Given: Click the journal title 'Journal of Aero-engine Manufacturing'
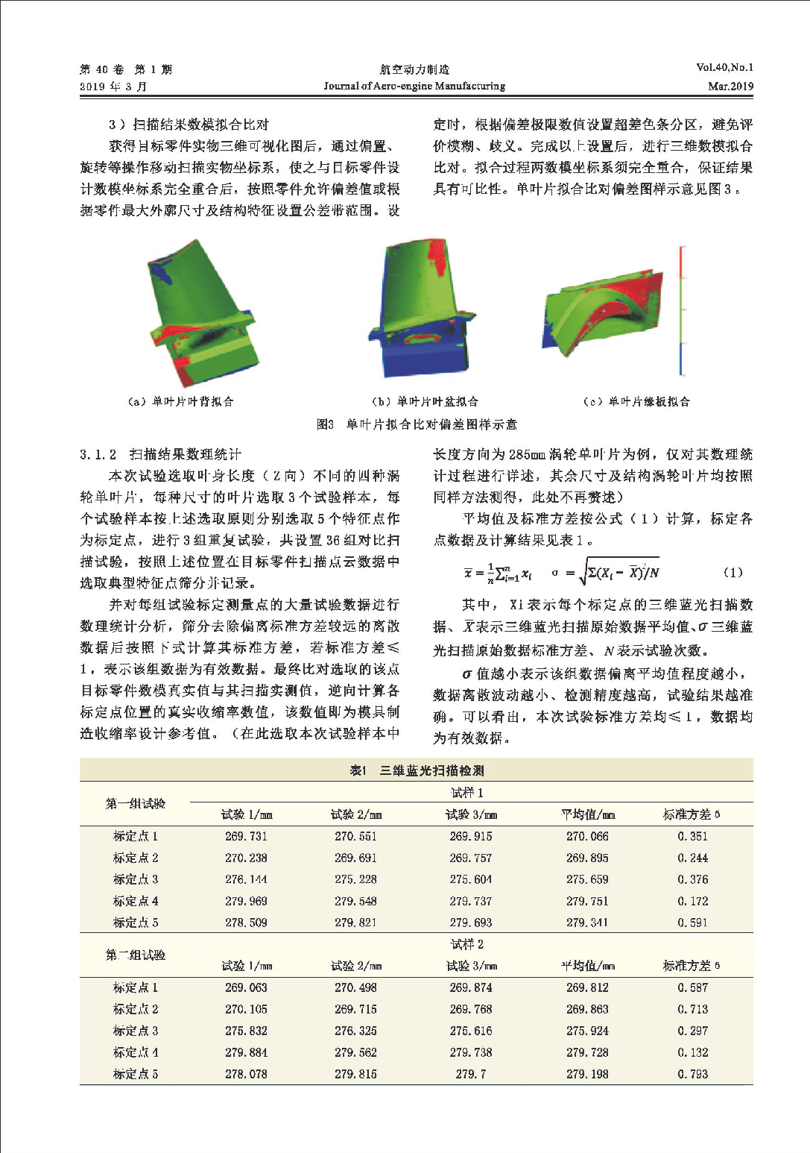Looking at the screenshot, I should [x=414, y=86].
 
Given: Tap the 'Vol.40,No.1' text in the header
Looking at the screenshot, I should [x=724, y=67].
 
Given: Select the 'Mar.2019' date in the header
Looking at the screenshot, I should [x=730, y=86].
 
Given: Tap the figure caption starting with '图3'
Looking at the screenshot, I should [x=417, y=424].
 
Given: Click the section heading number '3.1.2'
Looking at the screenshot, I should [x=98, y=454].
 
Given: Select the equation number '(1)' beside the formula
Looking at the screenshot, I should [x=733, y=572].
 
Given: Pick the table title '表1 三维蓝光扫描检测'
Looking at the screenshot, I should [x=417, y=770].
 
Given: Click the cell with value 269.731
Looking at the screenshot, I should [x=246, y=836].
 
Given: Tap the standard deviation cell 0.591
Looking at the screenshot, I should [x=692, y=923].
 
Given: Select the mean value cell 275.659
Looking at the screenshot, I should [x=587, y=879].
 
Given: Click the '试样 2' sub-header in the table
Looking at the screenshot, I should [x=467, y=944].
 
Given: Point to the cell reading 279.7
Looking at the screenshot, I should [x=471, y=1074].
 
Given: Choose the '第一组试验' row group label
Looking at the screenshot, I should [x=136, y=803].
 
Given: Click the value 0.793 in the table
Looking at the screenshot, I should [x=692, y=1074].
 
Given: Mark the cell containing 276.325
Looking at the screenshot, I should [x=355, y=1031].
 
